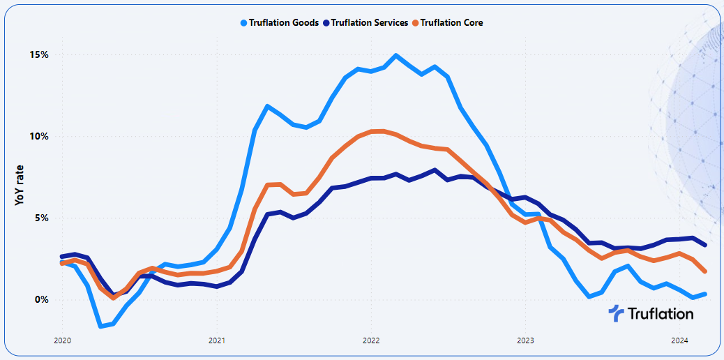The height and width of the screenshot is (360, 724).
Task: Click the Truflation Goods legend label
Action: coord(284,22)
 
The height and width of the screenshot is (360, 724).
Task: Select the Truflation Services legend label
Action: coord(370,22)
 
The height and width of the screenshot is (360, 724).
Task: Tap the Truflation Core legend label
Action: coord(452,22)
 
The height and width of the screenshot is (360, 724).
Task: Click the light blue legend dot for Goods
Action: coord(243,22)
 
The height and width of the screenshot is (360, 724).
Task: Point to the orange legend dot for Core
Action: coord(416,22)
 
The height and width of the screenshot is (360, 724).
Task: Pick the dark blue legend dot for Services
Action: coord(326,22)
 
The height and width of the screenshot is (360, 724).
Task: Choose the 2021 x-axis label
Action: coord(216,341)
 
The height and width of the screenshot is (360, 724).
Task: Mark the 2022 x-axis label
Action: coord(370,341)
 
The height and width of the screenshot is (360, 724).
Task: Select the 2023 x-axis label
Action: coord(525,341)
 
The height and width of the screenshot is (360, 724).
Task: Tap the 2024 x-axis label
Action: coord(680,341)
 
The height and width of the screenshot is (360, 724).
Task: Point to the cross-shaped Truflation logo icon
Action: coord(617,313)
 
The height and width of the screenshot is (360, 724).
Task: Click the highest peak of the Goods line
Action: coord(396,55)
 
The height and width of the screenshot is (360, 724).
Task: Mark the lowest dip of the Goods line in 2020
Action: coord(101,326)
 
